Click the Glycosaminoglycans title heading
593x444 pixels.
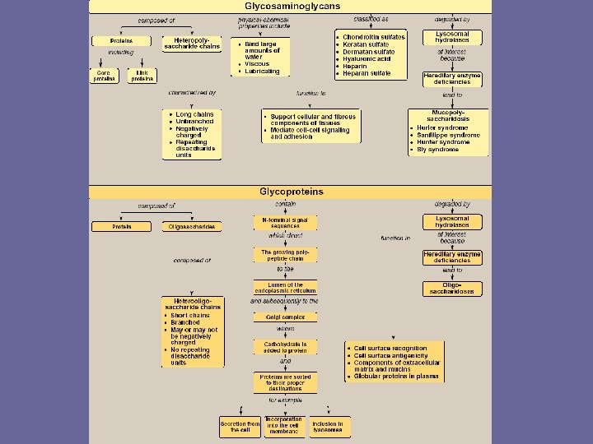pos(291,6)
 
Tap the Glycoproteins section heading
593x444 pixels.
pos(291,192)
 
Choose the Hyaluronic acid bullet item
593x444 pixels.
pos(368,59)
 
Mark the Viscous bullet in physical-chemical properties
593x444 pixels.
pos(256,64)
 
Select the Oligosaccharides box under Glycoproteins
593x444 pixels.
pos(191,226)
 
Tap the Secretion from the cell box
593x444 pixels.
pos(240,427)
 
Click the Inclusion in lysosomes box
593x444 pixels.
pos(327,427)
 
